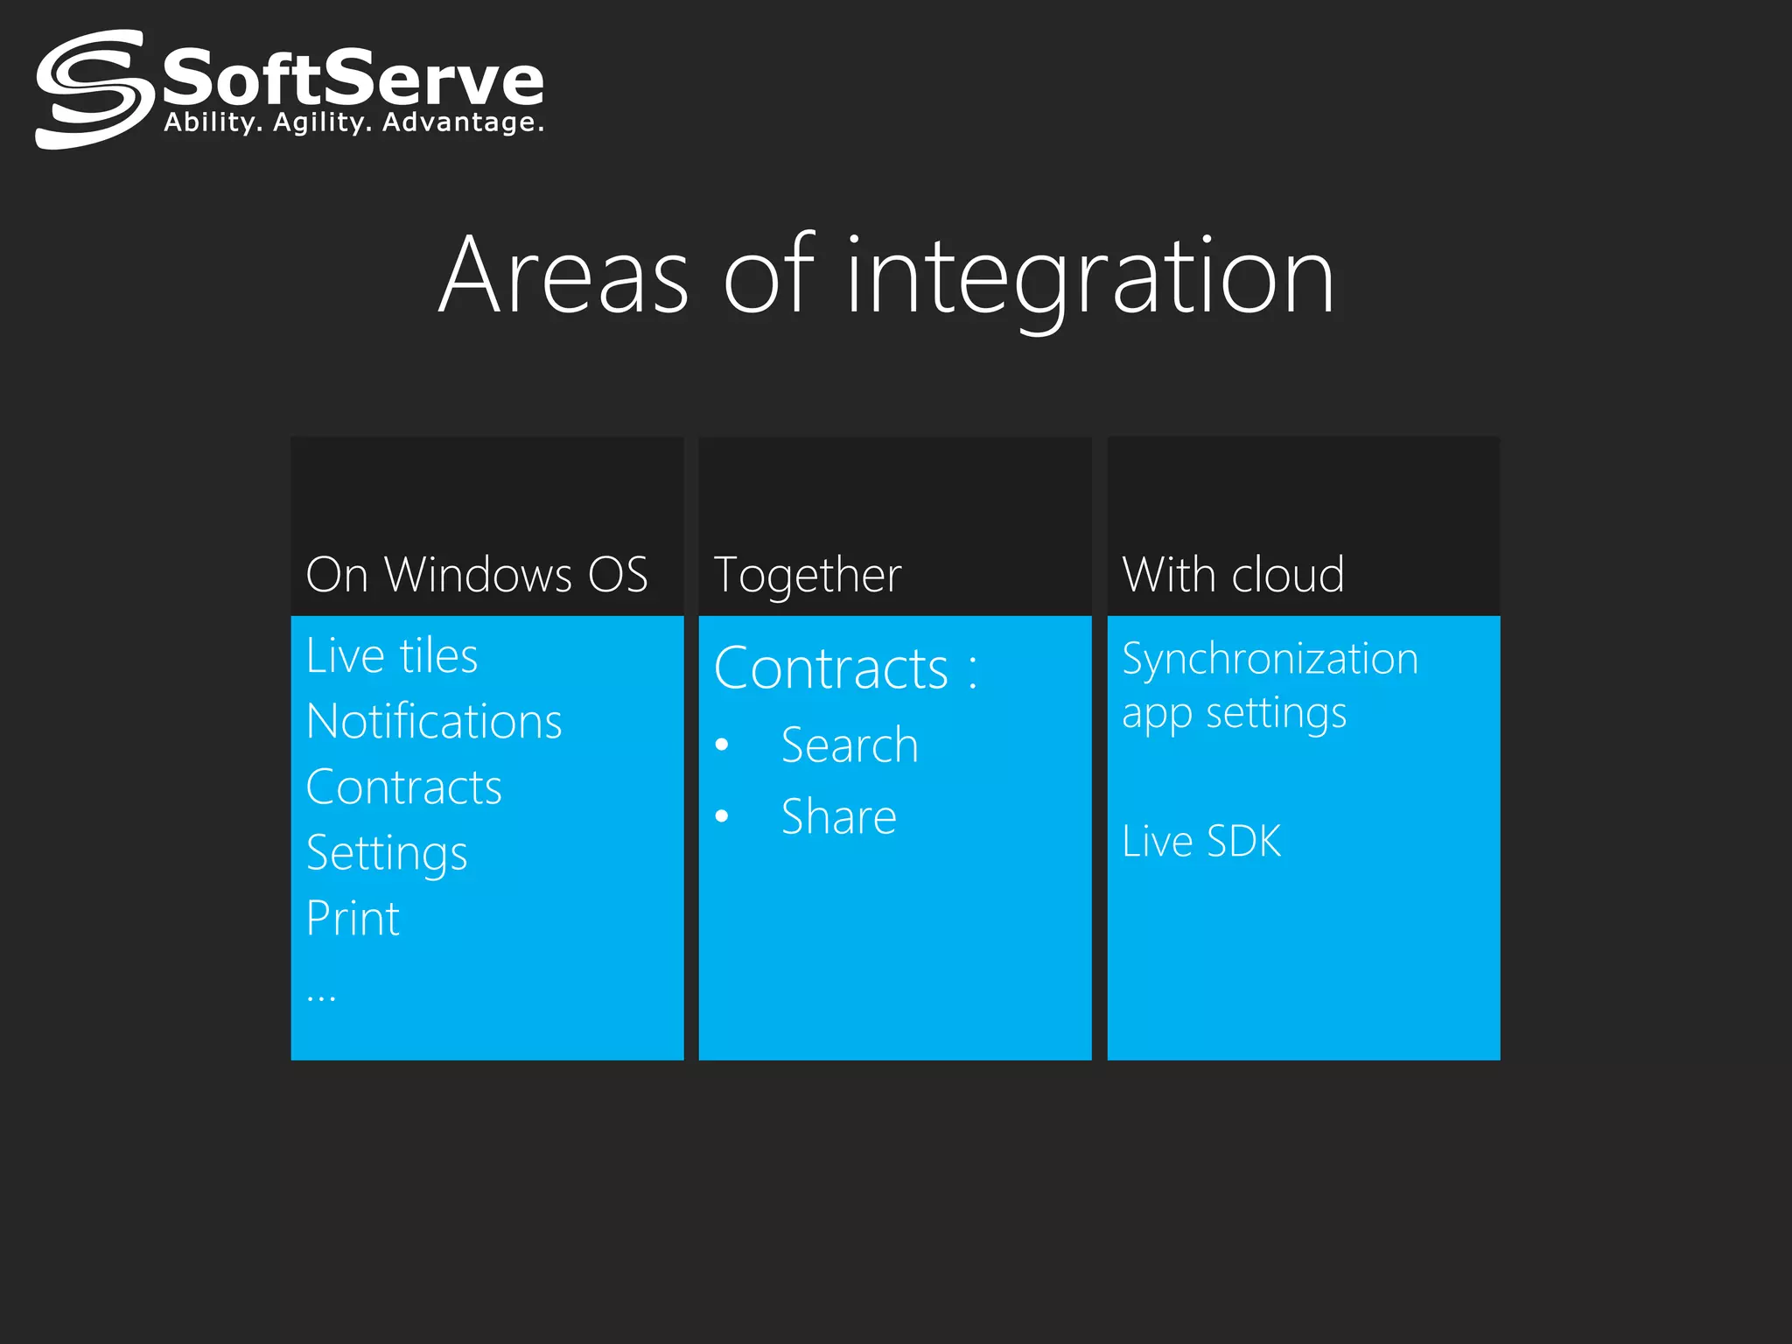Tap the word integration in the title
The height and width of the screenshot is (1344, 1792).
[x=1090, y=278]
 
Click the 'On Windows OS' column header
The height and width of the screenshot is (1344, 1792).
[x=477, y=575]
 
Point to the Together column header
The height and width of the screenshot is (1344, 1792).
[x=808, y=576]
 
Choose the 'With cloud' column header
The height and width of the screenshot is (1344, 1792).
[x=1233, y=575]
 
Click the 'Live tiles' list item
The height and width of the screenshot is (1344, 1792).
[x=392, y=656]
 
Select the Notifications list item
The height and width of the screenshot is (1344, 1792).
[x=434, y=722]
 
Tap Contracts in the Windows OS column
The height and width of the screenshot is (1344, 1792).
[x=404, y=787]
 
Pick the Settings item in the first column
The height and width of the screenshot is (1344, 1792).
[x=387, y=854]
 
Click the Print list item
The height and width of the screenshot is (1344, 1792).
[x=353, y=919]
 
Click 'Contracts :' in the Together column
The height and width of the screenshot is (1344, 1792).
[x=845, y=669]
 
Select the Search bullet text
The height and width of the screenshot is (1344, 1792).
[x=850, y=745]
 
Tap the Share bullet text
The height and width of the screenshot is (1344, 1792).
[x=839, y=817]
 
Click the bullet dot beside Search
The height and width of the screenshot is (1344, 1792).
[x=722, y=745]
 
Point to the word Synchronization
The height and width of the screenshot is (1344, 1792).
[x=1270, y=659]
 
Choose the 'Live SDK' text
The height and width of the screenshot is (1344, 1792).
[x=1201, y=842]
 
